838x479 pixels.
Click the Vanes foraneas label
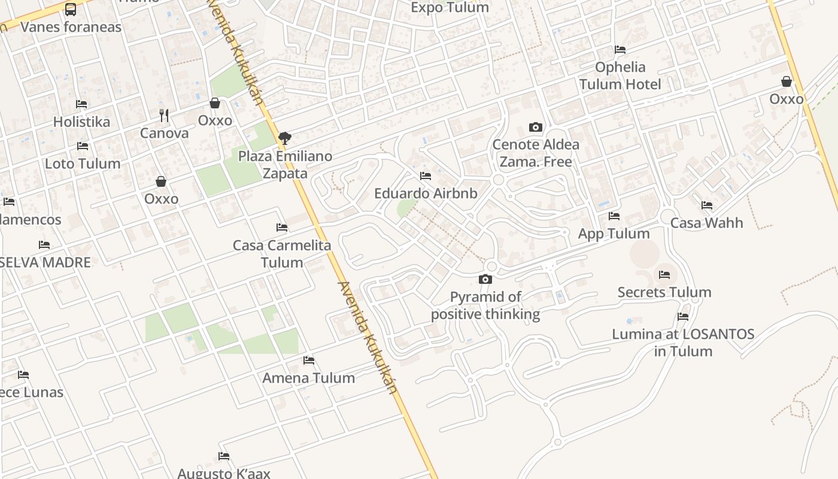[71, 27]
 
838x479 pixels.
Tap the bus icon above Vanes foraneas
[71, 10]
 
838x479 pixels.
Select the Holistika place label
[81, 122]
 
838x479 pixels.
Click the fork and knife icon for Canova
[164, 114]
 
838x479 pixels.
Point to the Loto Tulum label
[83, 163]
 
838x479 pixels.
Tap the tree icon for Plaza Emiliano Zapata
[285, 138]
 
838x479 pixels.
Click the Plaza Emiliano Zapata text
[285, 165]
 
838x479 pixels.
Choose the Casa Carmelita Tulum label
[281, 254]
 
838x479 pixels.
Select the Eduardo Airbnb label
[426, 193]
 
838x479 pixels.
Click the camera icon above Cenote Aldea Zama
[536, 127]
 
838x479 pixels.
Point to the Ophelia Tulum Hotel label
[620, 75]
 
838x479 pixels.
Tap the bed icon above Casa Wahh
[707, 205]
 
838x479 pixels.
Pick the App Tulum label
[614, 234]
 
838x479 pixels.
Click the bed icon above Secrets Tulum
[664, 275]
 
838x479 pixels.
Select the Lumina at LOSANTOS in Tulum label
[683, 342]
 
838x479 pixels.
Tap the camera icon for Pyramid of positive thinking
[485, 279]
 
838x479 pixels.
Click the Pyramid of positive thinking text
[485, 305]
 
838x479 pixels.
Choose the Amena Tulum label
[308, 378]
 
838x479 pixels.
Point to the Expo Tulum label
[450, 8]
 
